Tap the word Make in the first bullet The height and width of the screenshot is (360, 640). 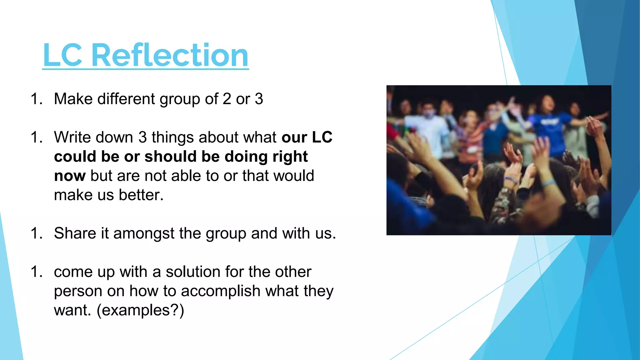pyautogui.click(x=73, y=99)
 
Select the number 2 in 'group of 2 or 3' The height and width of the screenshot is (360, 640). pyautogui.click(x=227, y=99)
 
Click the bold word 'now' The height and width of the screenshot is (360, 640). pyautogui.click(x=69, y=176)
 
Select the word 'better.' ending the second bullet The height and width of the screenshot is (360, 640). pyautogui.click(x=141, y=195)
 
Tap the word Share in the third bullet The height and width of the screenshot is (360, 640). pyautogui.click(x=75, y=233)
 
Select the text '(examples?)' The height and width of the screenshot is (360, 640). pyautogui.click(x=140, y=311)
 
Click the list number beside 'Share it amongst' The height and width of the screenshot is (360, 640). pyautogui.click(x=37, y=233)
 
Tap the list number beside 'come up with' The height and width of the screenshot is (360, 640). pyautogui.click(x=37, y=272)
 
